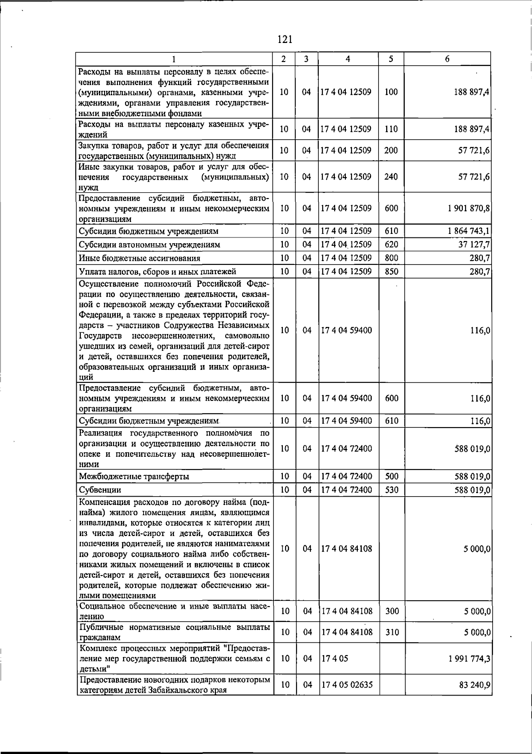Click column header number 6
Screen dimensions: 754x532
(x=447, y=59)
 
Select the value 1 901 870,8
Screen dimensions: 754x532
(x=469, y=208)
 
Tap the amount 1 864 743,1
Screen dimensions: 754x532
(x=469, y=231)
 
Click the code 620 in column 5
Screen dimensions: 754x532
(x=391, y=245)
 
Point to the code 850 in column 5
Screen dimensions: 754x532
(x=391, y=271)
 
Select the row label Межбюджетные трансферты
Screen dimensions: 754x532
(x=134, y=477)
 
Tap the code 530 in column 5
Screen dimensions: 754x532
(x=391, y=490)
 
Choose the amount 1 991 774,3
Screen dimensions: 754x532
(x=469, y=658)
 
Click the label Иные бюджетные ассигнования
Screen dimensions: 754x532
(x=139, y=258)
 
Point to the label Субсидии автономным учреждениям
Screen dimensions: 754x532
(x=149, y=245)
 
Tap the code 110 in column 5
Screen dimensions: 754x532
(x=391, y=129)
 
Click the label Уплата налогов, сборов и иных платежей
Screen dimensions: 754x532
(x=157, y=272)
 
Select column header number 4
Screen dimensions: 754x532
(x=348, y=59)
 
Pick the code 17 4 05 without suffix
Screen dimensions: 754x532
(x=335, y=658)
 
